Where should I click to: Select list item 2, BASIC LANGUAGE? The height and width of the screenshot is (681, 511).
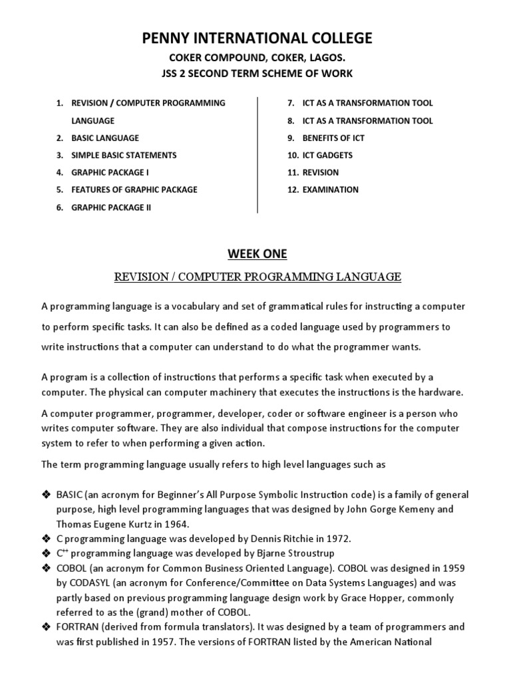click(105, 138)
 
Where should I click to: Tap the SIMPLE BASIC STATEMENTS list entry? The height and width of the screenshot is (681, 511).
click(124, 155)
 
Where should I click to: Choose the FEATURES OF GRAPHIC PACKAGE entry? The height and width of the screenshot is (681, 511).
click(134, 190)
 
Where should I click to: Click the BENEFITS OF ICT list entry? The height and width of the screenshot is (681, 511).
click(333, 138)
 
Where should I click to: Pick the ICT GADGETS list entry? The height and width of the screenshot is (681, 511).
click(327, 155)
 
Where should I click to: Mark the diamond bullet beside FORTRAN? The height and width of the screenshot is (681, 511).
click(46, 627)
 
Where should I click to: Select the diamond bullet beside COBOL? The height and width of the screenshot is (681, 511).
click(46, 568)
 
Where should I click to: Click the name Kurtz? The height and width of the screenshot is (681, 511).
click(144, 523)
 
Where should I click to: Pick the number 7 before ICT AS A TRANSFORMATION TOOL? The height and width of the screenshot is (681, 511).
click(291, 103)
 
